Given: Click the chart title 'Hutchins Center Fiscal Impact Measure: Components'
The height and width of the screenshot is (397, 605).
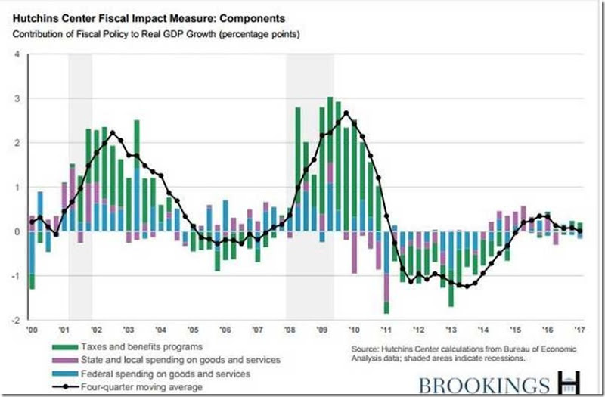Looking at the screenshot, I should click(144, 13).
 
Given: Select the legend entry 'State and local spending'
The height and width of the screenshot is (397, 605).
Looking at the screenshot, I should click(143, 360).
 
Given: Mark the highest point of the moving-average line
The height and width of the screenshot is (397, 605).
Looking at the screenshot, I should click(346, 113).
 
